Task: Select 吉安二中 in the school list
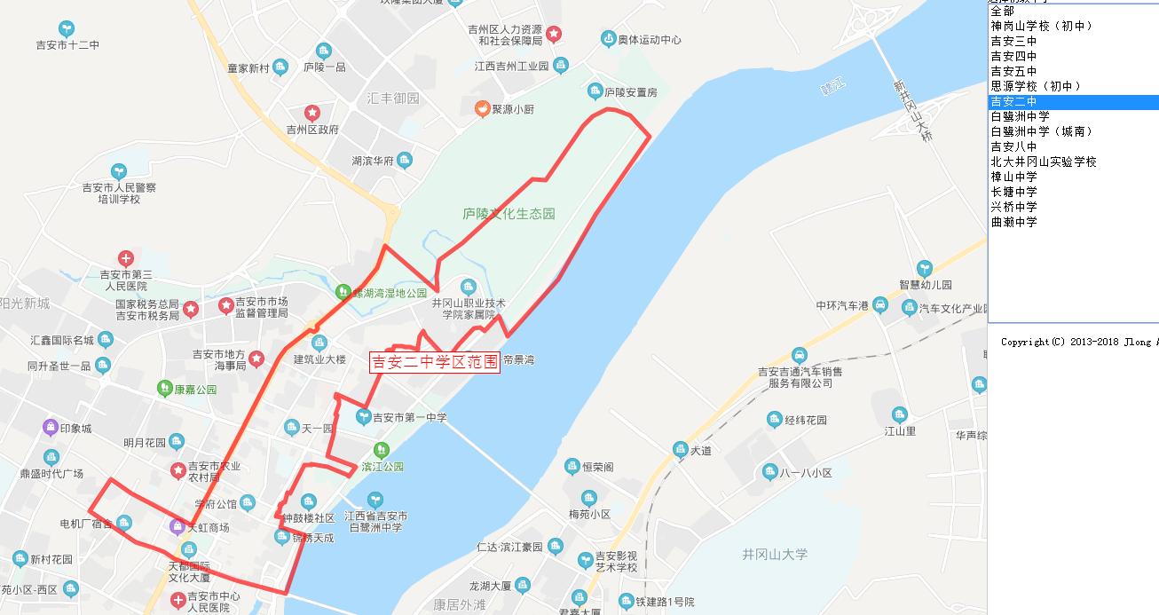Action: (x=1013, y=102)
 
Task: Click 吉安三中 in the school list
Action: (x=1013, y=42)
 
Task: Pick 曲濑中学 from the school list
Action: (x=1013, y=223)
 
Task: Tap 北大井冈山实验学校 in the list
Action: (x=1044, y=162)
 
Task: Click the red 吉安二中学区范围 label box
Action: (x=435, y=362)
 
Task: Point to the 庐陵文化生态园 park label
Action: (x=509, y=214)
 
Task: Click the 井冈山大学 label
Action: (x=775, y=555)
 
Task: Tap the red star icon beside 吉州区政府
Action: (x=312, y=113)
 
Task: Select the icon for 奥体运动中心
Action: (x=608, y=39)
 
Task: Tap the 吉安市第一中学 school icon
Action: (x=362, y=416)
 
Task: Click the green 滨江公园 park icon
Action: (x=381, y=450)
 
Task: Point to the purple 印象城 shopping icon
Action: (x=51, y=428)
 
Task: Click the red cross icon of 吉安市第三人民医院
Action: (x=125, y=259)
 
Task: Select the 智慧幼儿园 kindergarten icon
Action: (x=925, y=268)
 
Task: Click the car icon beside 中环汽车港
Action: (x=879, y=306)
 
